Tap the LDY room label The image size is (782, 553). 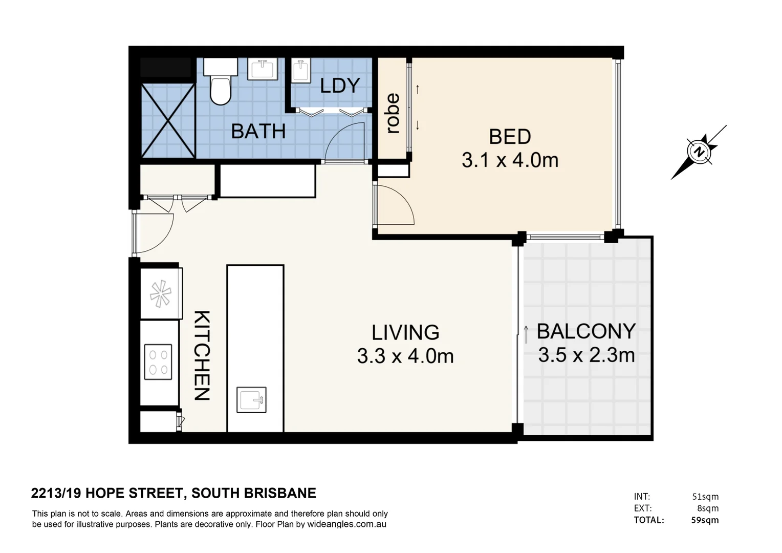340,86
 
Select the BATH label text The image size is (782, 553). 258,132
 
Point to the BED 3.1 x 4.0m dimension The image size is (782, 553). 510,148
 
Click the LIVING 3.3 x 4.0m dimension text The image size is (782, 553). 405,345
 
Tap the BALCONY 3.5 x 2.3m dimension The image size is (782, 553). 586,343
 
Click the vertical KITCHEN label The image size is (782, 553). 202,355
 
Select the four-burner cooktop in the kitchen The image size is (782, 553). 158,362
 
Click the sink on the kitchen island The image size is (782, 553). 251,399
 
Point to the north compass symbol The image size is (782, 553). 699,152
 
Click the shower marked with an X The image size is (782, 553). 168,120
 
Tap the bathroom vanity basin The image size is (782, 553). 263,69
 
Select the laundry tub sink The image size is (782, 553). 301,71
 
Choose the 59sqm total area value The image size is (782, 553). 705,520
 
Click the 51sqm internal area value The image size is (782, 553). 706,496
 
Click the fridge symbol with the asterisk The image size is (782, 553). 161,294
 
